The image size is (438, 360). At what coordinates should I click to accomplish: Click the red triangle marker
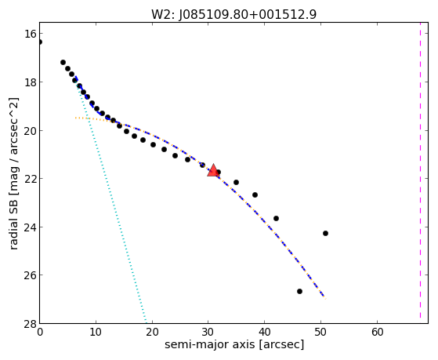[213, 170]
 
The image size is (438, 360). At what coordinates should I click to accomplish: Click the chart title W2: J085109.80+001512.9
[233, 15]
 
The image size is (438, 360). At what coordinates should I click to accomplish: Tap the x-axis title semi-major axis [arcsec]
[234, 344]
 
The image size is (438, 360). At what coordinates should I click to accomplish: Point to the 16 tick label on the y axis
[31, 34]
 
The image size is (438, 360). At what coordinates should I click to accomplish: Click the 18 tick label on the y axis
[31, 82]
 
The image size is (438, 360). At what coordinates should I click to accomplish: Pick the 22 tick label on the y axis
[31, 179]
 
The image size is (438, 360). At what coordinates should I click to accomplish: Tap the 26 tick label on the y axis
[31, 275]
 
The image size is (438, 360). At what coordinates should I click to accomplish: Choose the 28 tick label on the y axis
[31, 323]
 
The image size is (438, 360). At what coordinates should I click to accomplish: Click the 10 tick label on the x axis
[96, 332]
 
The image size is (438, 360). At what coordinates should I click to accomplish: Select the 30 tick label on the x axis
[208, 332]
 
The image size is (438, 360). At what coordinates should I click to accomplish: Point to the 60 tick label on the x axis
[377, 332]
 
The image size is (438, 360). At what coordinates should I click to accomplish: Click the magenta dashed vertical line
[420, 173]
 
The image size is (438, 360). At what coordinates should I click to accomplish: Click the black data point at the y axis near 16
[40, 42]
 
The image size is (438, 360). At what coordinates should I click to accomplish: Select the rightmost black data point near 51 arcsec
[325, 233]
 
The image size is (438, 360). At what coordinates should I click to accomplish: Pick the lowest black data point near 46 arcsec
[299, 291]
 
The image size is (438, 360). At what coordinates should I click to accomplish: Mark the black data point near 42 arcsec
[276, 218]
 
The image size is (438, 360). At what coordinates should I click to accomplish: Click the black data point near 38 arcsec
[255, 195]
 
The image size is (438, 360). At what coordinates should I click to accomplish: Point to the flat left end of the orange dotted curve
[75, 118]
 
